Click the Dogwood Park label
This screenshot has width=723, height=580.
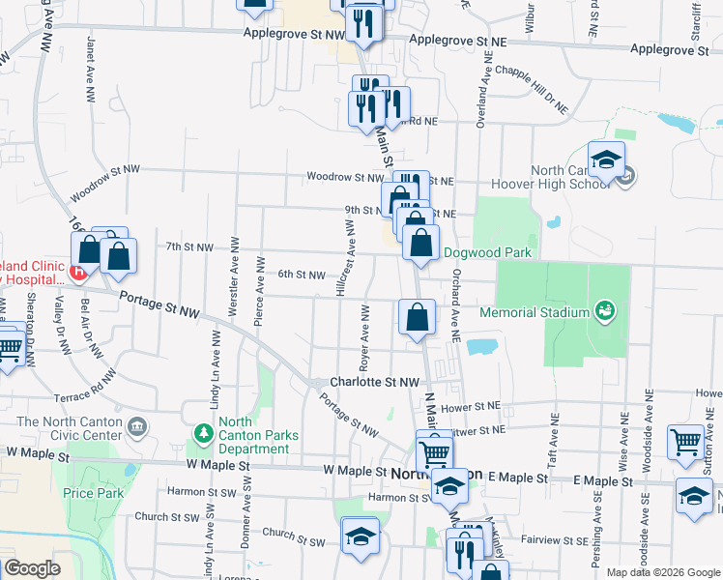pos(488,253)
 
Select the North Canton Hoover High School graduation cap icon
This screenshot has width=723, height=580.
pos(606,160)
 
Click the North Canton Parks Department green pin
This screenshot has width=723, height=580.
pos(204,432)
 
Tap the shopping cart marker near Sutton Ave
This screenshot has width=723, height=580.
pos(686,443)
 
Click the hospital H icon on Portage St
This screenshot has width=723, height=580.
pos(78,272)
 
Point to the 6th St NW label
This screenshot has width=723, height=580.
pos(301,275)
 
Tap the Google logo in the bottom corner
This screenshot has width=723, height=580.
pos(32,568)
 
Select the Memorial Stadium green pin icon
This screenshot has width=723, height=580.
pos(605,310)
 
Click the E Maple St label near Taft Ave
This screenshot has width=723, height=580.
pos(602,480)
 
